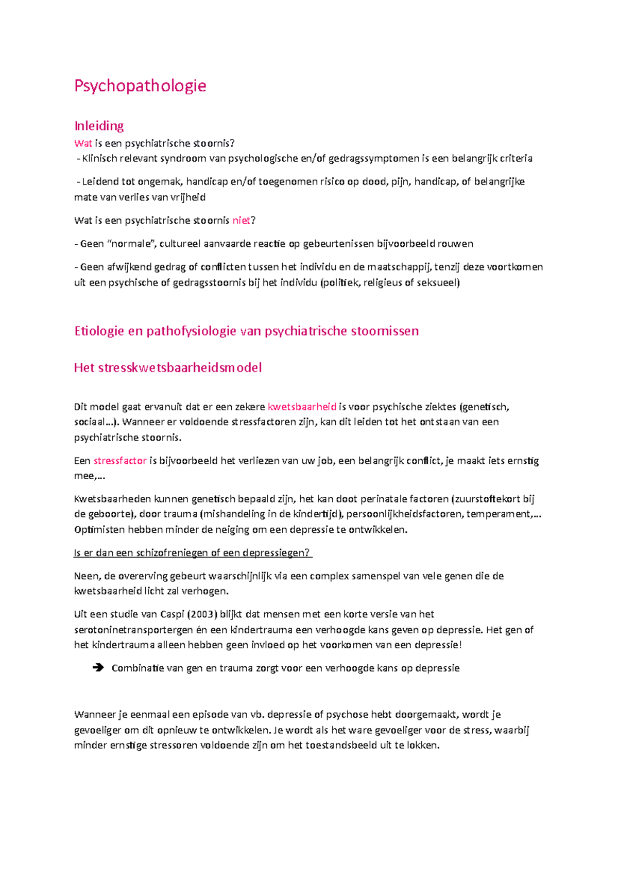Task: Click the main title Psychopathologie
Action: pyautogui.click(x=140, y=86)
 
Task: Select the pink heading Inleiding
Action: pyautogui.click(x=99, y=126)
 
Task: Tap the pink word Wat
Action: pyautogui.click(x=83, y=143)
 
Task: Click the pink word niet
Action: pyautogui.click(x=241, y=221)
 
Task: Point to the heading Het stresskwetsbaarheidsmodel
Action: pyautogui.click(x=168, y=367)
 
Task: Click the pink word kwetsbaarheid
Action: pyautogui.click(x=302, y=407)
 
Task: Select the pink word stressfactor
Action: pyautogui.click(x=120, y=461)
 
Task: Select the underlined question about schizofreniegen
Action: pyautogui.click(x=193, y=553)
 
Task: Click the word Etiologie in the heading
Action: pyautogui.click(x=99, y=331)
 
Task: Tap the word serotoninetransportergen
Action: pyautogui.click(x=133, y=630)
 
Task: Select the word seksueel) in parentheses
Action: pyautogui.click(x=440, y=282)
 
